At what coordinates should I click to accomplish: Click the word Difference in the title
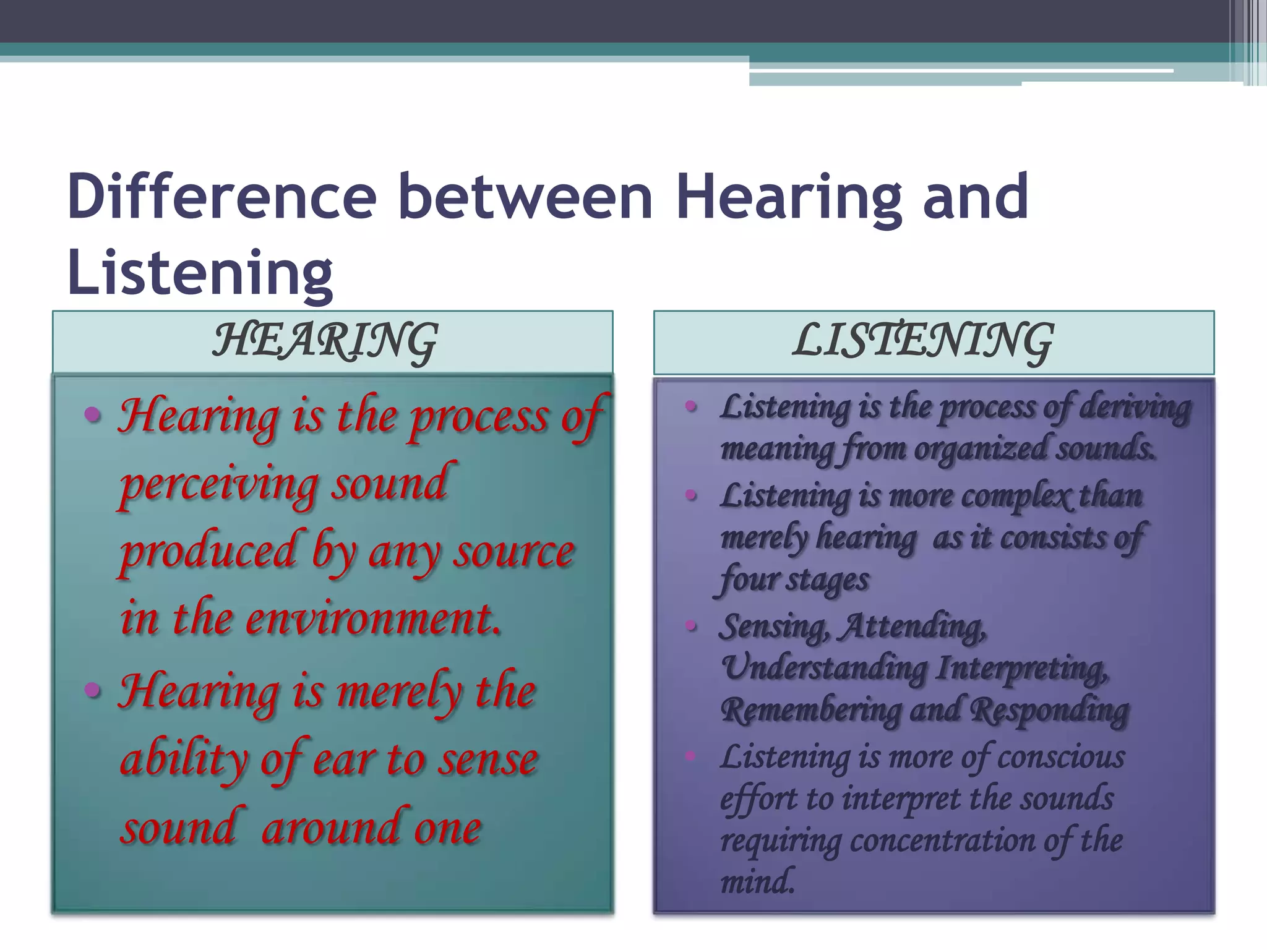(221, 197)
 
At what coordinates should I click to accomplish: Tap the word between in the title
(525, 197)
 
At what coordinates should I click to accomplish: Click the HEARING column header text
(325, 342)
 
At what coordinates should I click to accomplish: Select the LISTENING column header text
(922, 342)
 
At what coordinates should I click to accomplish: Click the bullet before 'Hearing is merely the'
(93, 689)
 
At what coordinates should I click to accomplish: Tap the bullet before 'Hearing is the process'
(93, 414)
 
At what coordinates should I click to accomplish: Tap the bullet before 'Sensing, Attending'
(691, 627)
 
